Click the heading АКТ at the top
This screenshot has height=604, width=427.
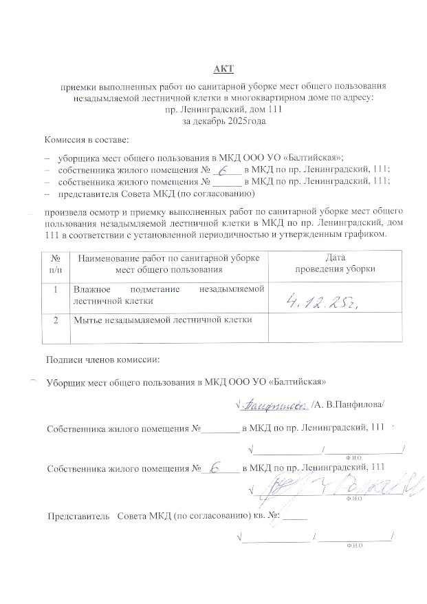pyautogui.click(x=223, y=68)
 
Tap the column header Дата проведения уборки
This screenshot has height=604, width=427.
pyautogui.click(x=335, y=263)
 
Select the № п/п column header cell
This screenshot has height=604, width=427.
pyautogui.click(x=56, y=263)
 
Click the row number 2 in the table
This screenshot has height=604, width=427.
pyautogui.click(x=56, y=320)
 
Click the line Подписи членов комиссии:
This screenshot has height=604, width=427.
pyautogui.click(x=102, y=360)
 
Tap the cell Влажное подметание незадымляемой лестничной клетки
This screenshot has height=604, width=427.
pyautogui.click(x=168, y=295)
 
